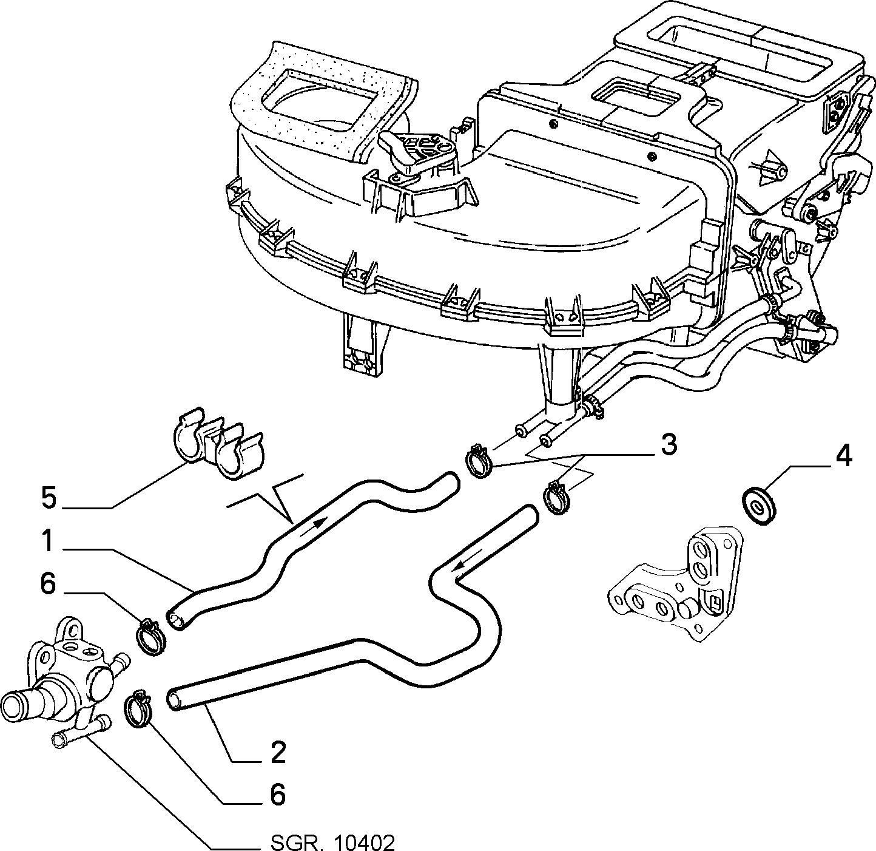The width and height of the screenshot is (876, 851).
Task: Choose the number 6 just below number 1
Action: pyautogui.click(x=49, y=584)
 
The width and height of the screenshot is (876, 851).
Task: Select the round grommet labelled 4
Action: pyautogui.click(x=760, y=506)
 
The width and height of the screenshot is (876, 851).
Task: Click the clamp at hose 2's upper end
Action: pyautogui.click(x=557, y=498)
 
